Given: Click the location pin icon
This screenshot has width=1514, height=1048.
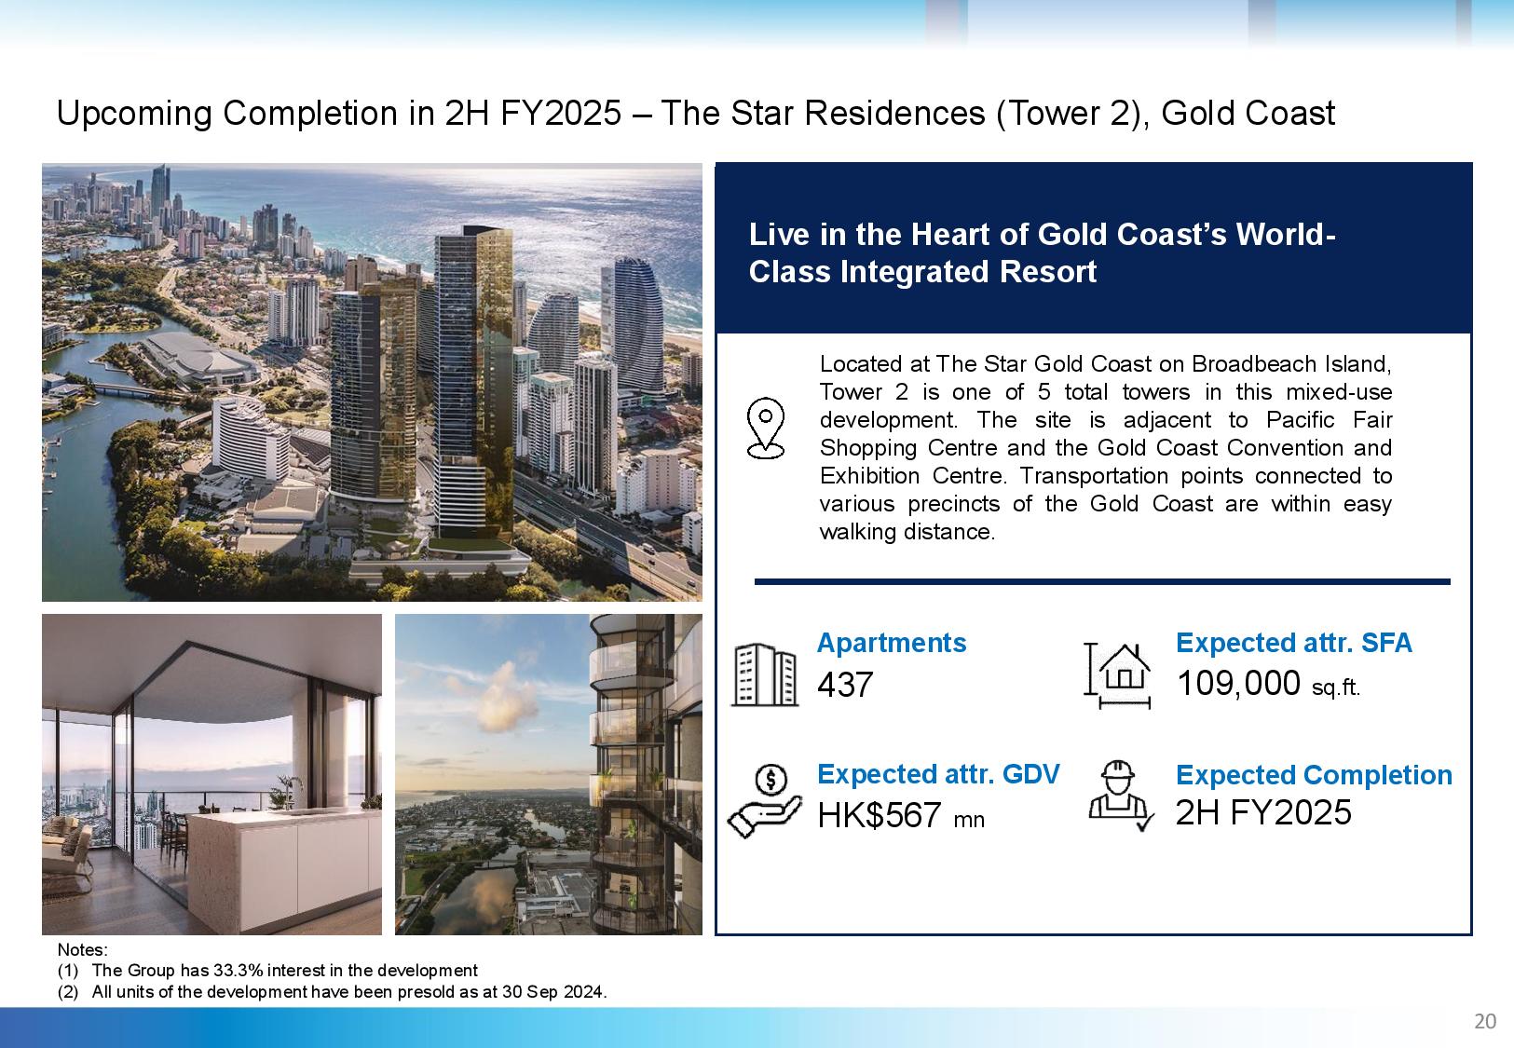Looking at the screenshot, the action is [765, 429].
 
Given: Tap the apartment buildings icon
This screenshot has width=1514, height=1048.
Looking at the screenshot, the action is [765, 674].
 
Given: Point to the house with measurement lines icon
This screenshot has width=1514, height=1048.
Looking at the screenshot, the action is [1117, 675].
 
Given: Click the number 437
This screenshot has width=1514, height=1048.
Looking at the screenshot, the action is [845, 685].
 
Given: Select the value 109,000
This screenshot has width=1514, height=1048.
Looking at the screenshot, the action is [1238, 683].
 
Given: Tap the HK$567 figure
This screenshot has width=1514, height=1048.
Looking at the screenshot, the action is [879, 815].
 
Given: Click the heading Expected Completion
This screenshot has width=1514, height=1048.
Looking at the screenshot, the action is [1314, 775].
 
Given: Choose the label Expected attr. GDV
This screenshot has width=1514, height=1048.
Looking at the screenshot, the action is [938, 774].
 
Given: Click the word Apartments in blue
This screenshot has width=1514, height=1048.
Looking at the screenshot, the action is [892, 643].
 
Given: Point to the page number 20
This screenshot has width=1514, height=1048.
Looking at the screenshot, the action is [1485, 1021].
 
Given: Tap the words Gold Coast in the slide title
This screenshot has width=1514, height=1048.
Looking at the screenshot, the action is [1248, 113].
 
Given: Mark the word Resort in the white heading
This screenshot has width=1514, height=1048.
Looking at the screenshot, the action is [1047, 272].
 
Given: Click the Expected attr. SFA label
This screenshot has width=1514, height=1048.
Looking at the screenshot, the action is [1294, 643].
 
